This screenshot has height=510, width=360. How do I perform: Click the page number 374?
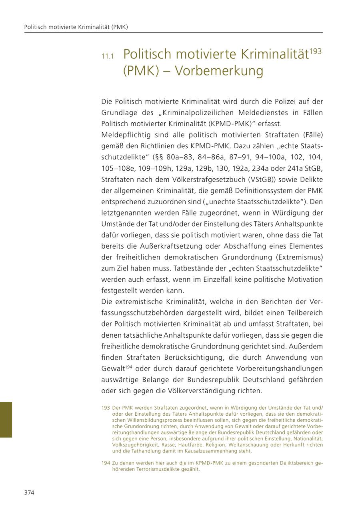(29, 492)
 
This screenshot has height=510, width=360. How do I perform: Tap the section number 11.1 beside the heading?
(108, 56)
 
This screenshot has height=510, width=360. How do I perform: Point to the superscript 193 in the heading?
(316, 51)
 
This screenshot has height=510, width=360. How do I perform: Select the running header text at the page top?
(76, 27)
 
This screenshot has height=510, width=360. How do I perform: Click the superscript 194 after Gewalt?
(128, 367)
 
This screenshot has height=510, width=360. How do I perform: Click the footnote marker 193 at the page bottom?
(106, 408)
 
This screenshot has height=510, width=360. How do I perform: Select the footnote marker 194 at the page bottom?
(106, 463)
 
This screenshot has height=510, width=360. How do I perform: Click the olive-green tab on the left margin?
(6, 420)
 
